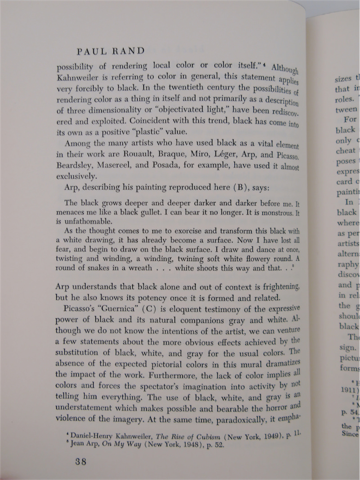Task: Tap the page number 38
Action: pyautogui.click(x=81, y=461)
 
